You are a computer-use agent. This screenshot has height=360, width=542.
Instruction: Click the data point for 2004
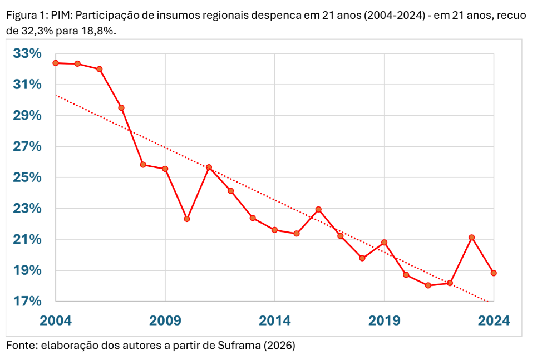click(x=56, y=63)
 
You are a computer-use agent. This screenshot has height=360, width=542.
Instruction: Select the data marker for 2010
click(x=187, y=219)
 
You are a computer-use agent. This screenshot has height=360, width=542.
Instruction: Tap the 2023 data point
click(x=472, y=238)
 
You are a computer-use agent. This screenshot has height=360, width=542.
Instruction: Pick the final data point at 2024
click(x=494, y=273)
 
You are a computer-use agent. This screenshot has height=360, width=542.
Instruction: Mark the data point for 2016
click(x=318, y=209)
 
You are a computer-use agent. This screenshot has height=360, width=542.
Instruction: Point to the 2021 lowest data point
click(x=428, y=285)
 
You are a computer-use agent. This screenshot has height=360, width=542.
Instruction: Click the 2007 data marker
click(x=121, y=107)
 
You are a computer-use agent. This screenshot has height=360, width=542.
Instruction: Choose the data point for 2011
click(x=209, y=167)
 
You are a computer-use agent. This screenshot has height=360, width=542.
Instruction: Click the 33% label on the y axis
click(x=28, y=54)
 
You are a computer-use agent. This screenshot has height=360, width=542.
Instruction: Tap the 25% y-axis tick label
click(x=28, y=178)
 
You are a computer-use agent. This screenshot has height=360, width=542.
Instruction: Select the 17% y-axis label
click(x=28, y=302)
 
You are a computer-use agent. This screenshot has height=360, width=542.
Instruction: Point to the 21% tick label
click(x=28, y=240)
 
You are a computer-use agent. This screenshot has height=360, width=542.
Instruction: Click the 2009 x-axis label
click(x=165, y=320)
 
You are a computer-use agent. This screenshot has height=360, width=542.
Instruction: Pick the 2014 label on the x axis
click(x=274, y=320)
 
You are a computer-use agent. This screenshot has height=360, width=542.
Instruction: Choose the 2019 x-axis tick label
click(x=384, y=320)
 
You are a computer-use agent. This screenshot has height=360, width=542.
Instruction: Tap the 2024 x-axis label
click(x=494, y=320)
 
